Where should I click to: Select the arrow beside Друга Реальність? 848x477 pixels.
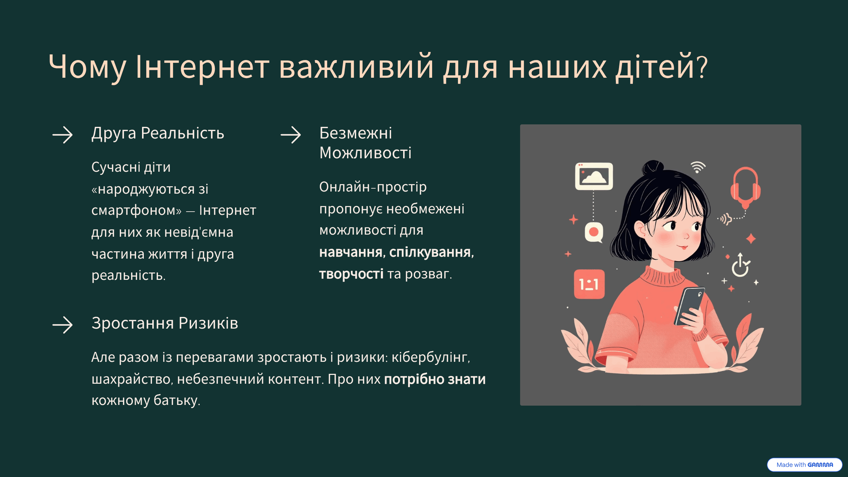[x=63, y=135]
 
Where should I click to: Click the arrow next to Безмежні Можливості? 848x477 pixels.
[x=290, y=135]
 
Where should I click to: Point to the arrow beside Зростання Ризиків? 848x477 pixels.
[x=63, y=325]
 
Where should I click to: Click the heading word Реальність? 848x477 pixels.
[x=182, y=133]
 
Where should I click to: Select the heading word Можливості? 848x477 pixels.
[x=365, y=153]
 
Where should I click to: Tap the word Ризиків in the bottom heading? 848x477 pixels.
[x=208, y=323]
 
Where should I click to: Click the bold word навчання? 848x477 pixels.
[x=352, y=252]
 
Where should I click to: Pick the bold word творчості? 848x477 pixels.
[x=351, y=274]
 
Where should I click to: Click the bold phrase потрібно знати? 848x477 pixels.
[x=435, y=379]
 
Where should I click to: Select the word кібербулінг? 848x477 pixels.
[x=431, y=357]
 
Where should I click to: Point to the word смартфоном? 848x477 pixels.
[x=136, y=210]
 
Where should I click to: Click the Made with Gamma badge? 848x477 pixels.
[x=805, y=465]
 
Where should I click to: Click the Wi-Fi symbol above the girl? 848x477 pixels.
[x=697, y=167]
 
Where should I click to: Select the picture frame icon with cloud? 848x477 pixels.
[x=594, y=176]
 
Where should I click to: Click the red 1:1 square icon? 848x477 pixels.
[x=589, y=284]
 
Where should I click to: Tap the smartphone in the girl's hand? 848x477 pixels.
[x=689, y=306]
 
